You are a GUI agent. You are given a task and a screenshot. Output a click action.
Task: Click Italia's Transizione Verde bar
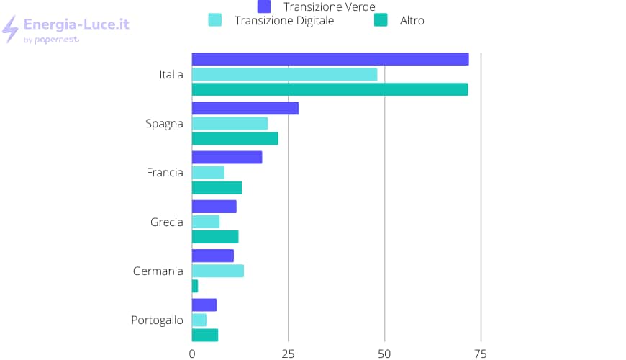[x=330, y=59]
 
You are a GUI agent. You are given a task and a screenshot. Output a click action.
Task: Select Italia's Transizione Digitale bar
[x=284, y=74]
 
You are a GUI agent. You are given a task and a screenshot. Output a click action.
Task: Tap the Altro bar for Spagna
[x=235, y=138]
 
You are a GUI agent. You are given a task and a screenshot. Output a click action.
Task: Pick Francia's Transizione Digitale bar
[x=208, y=173]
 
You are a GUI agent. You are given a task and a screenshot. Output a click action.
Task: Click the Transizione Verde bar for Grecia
[x=214, y=207]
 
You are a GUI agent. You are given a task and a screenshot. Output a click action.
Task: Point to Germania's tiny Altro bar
[x=195, y=286]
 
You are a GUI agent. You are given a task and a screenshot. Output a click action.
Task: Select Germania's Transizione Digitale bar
[x=217, y=271]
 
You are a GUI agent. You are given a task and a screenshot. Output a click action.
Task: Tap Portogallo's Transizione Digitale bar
[x=199, y=320]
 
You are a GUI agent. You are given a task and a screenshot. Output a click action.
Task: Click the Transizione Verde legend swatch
[x=264, y=6]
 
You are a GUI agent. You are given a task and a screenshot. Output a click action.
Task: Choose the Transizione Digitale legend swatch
[x=214, y=20]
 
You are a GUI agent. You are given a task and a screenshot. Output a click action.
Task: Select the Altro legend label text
[x=412, y=21]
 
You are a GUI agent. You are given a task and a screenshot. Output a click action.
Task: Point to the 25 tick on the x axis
[x=289, y=354]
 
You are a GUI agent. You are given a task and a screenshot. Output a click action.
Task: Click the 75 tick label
[x=481, y=354]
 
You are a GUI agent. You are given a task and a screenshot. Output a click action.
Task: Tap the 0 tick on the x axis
[x=192, y=354]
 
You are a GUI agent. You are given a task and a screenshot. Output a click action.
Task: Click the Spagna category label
[x=164, y=123]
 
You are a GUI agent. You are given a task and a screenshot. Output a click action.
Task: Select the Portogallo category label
[x=157, y=320]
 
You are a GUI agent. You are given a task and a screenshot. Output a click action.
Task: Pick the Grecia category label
[x=166, y=222]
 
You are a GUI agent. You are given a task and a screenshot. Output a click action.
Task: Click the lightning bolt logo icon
[x=10, y=29]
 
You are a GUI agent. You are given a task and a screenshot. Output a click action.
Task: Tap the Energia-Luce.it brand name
[x=76, y=24]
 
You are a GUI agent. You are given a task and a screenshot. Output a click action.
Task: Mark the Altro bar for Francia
[x=217, y=188]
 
